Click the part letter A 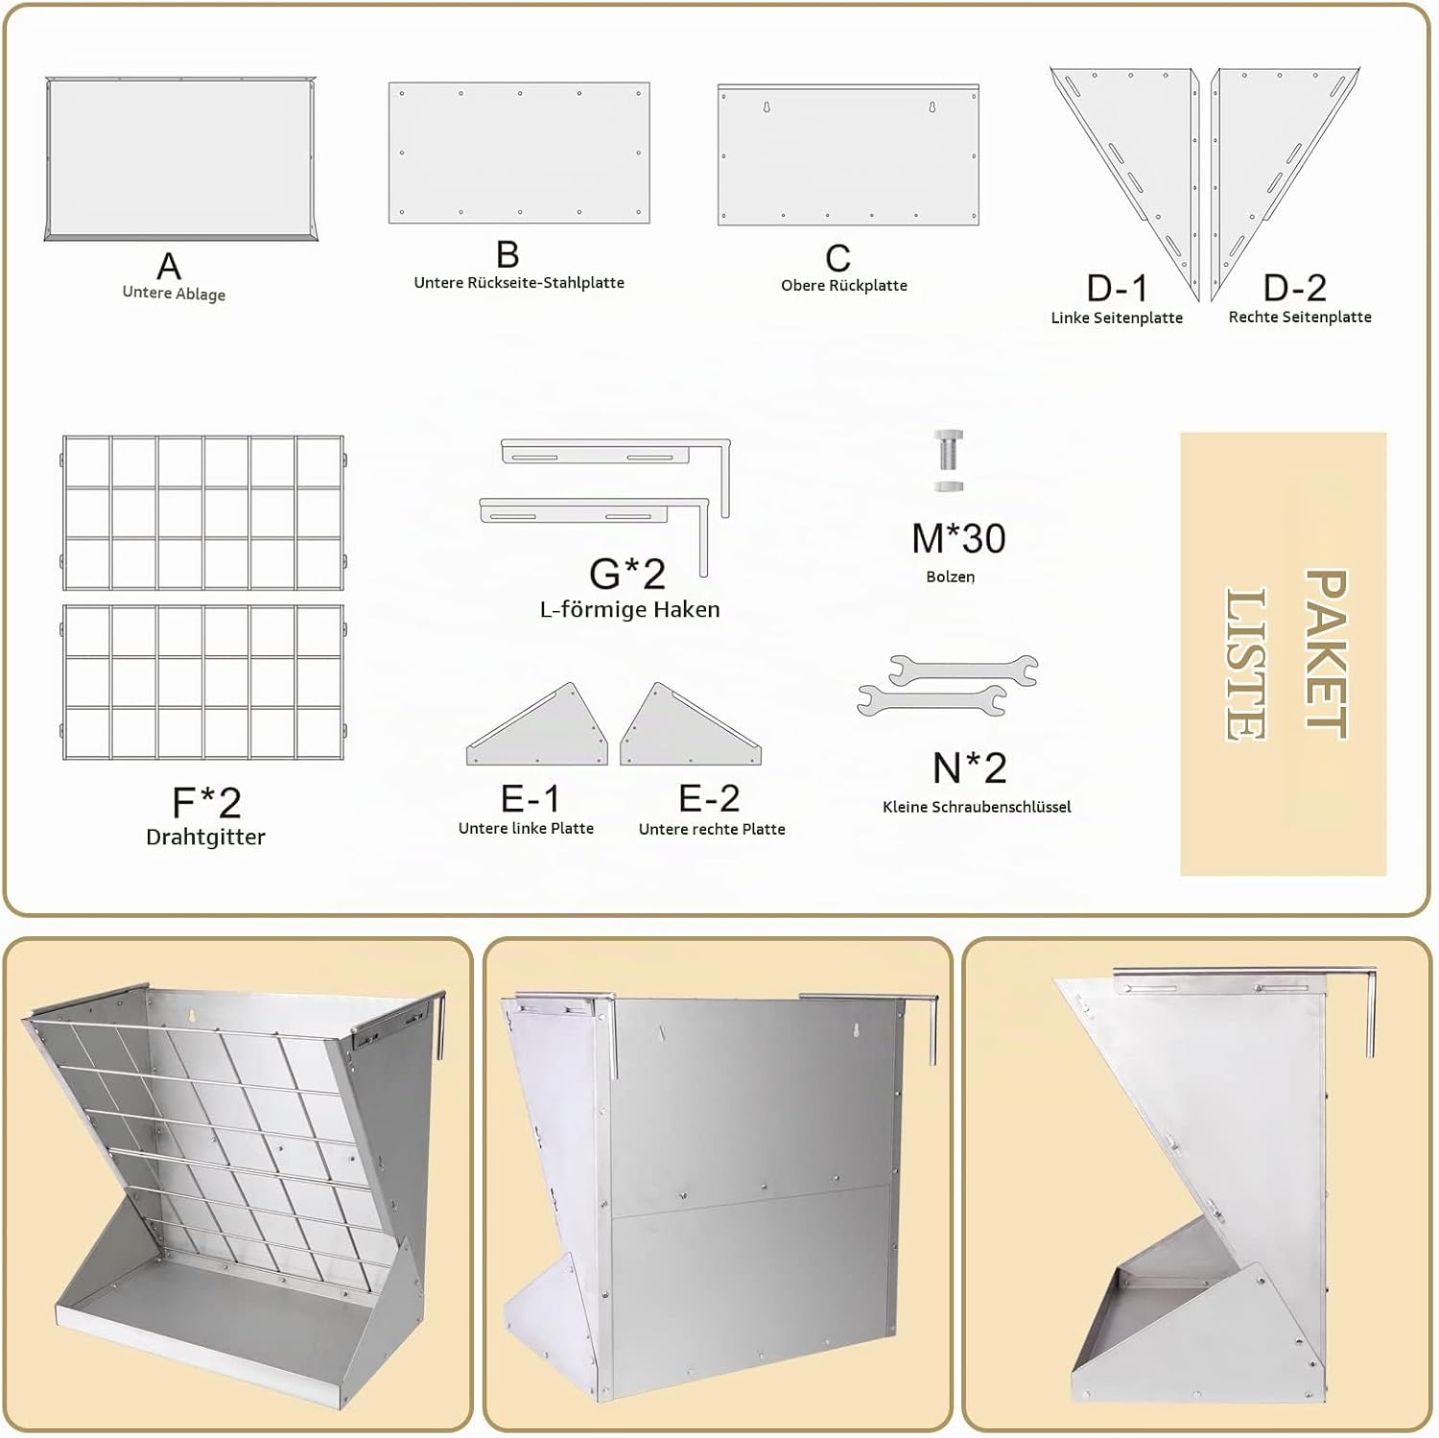tap(169, 266)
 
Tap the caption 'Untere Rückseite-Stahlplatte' tap(519, 283)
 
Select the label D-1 tap(1117, 288)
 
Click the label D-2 tap(1295, 287)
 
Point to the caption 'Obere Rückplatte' tap(844, 286)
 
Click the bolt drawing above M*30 tap(948, 460)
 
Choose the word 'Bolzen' tap(951, 577)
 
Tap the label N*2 tap(970, 767)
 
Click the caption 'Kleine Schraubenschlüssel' tap(977, 807)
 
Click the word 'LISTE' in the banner tap(1246, 664)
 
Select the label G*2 tap(627, 574)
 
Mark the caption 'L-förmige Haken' tap(629, 609)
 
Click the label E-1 tap(531, 798)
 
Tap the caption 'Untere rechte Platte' tap(712, 829)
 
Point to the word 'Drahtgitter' tap(205, 837)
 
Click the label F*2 tap(206, 802)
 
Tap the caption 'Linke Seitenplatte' tap(1117, 318)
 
